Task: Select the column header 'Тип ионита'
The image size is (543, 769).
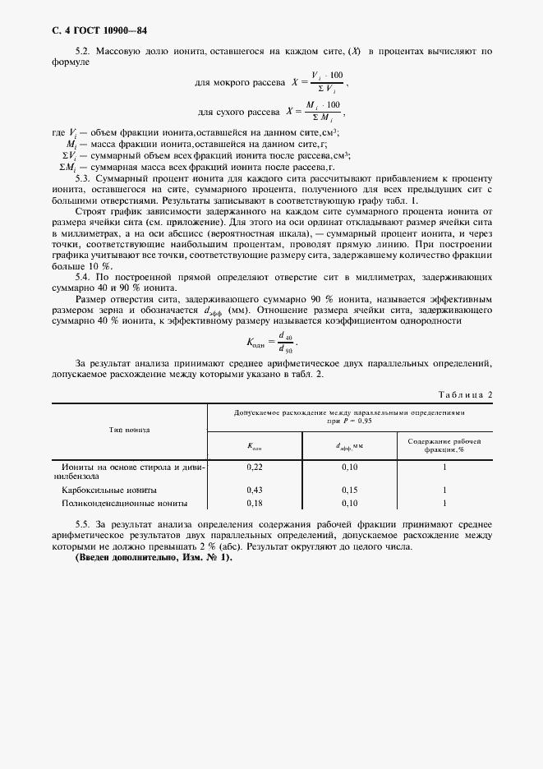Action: (x=129, y=429)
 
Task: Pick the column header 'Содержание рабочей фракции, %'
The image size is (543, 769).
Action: (x=444, y=445)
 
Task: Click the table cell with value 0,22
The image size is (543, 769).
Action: (x=255, y=467)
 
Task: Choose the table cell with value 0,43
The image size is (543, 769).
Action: (x=255, y=489)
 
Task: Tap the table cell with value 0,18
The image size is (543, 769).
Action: (x=255, y=503)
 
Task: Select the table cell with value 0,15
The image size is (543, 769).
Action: (x=350, y=489)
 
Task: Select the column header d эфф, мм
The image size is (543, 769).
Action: (x=350, y=446)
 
